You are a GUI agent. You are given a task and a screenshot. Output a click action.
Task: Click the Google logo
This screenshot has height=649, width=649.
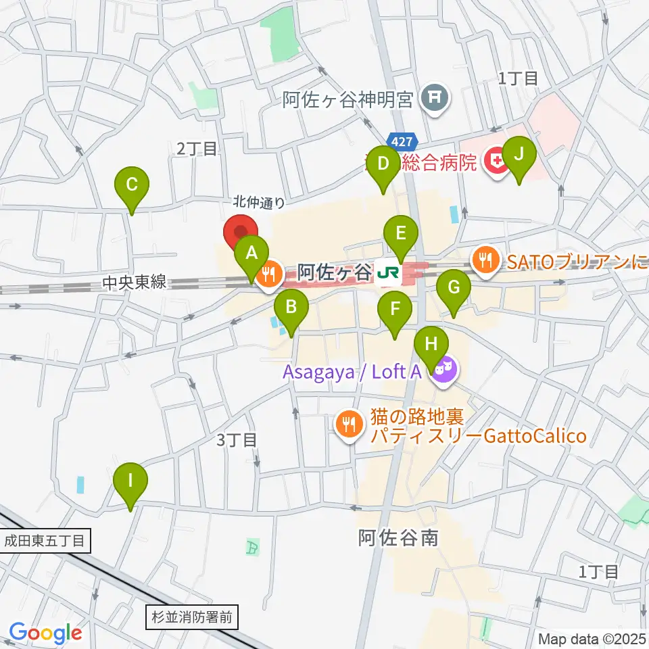pyautogui.click(x=45, y=633)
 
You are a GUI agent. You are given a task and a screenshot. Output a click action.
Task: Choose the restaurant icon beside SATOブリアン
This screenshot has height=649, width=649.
pyautogui.click(x=485, y=258)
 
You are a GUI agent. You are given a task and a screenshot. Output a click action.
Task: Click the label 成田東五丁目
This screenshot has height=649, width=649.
pyautogui.click(x=44, y=541)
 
